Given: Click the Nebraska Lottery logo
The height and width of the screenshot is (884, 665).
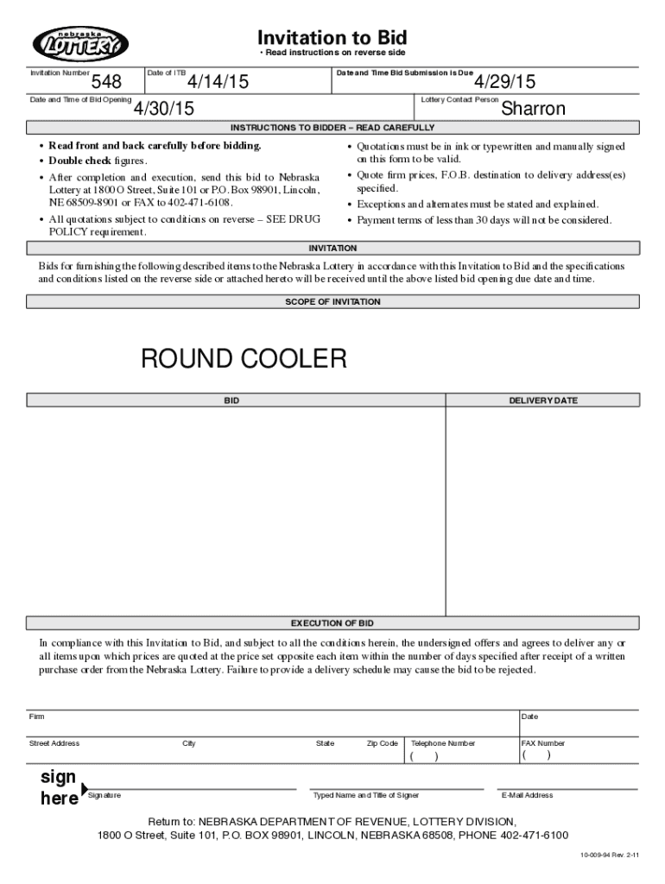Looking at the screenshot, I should [80, 44].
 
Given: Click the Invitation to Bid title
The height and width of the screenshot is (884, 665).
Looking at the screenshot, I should [332, 38].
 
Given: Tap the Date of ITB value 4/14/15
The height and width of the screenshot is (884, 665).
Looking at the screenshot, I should [218, 82].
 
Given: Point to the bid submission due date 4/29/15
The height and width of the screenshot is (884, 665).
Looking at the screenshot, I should [505, 82].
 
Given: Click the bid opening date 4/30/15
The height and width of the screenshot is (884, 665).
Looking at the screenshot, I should [163, 109].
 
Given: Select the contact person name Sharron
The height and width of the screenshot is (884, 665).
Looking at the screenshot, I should [533, 109].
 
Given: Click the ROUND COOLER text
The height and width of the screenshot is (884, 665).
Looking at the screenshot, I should [244, 358].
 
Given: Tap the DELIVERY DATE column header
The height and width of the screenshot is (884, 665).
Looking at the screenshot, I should [543, 401].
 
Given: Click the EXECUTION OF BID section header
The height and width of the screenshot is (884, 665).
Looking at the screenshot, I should [332, 623].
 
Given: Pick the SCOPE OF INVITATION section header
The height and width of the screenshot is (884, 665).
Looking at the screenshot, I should [332, 302].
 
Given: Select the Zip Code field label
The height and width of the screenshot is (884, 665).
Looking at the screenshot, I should [382, 743].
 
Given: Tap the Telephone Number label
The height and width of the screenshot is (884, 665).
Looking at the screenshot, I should [443, 743].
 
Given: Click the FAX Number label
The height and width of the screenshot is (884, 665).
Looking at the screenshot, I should [543, 743].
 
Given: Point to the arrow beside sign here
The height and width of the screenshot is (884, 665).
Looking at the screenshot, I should [84, 788].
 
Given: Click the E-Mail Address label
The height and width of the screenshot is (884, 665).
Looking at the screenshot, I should [527, 796].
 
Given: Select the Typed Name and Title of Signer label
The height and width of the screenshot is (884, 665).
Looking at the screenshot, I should [366, 796].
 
